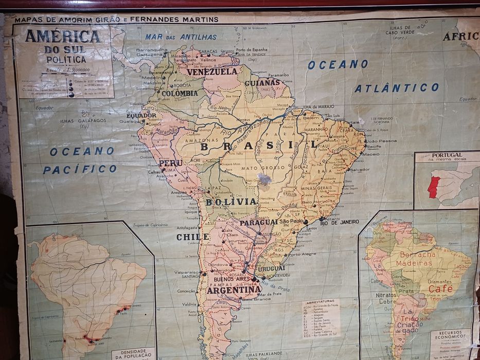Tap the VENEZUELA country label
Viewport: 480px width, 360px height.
(212, 72)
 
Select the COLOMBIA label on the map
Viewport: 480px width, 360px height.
(180, 94)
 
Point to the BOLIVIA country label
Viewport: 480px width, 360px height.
(231, 202)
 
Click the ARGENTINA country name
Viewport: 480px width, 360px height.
(234, 290)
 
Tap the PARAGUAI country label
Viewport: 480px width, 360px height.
(259, 223)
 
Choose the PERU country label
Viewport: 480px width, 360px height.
(171, 163)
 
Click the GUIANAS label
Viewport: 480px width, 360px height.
(262, 82)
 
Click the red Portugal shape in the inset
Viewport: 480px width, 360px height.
(433, 187)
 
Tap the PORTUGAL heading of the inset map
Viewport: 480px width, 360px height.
(447, 155)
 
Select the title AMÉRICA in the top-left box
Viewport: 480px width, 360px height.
(63, 37)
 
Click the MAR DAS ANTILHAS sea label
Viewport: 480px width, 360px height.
(181, 37)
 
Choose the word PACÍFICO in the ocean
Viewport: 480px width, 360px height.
(80, 169)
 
